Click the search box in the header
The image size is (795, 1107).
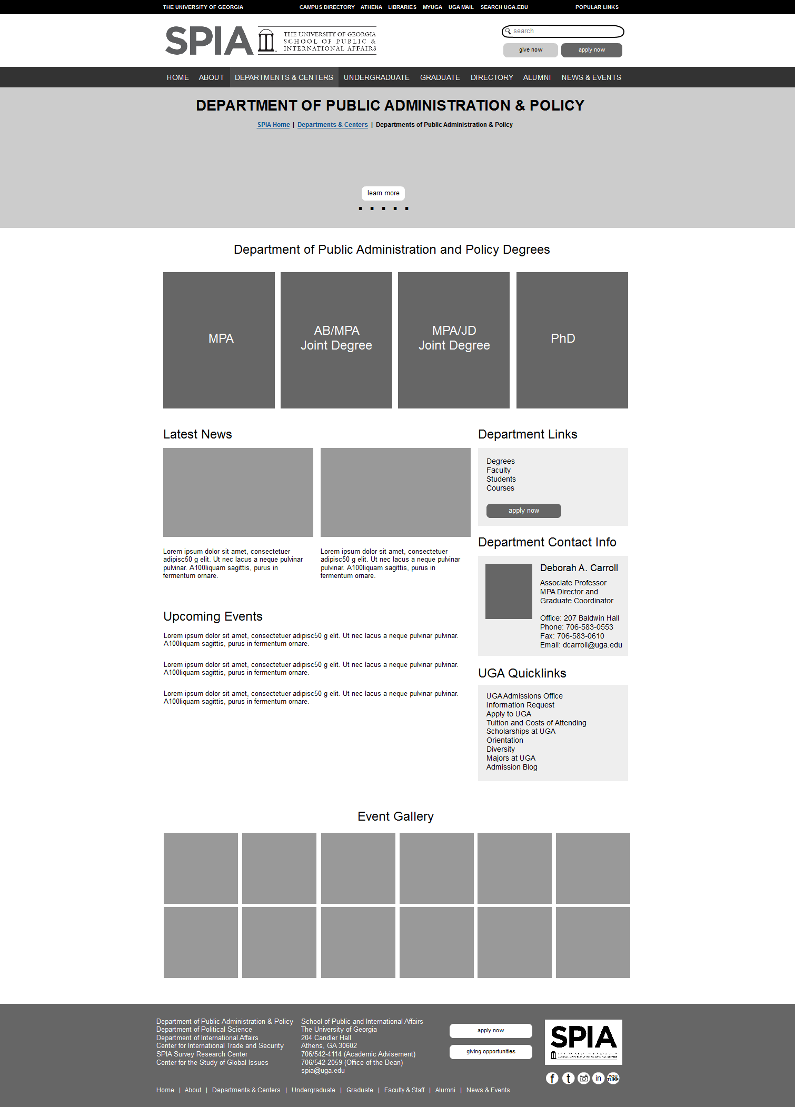click(563, 32)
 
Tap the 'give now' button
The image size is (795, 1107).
click(530, 50)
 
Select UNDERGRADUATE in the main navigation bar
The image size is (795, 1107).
click(376, 77)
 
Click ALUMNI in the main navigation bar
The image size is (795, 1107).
click(536, 77)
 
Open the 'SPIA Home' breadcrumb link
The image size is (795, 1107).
click(273, 125)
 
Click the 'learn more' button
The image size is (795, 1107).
click(383, 193)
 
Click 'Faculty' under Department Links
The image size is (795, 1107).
click(498, 470)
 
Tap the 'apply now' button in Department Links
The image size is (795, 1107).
click(523, 511)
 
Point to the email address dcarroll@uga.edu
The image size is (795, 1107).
click(592, 645)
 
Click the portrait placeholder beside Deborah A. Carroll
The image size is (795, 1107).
click(509, 591)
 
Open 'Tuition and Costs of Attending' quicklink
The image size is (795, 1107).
click(536, 723)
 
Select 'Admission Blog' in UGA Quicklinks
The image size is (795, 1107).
click(512, 767)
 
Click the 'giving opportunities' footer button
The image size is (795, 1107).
click(491, 1051)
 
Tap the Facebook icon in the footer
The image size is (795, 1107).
click(552, 1078)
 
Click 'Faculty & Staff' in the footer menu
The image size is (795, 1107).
click(404, 1090)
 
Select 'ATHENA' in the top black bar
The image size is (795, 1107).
click(371, 7)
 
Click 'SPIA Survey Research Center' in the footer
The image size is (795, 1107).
click(202, 1054)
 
